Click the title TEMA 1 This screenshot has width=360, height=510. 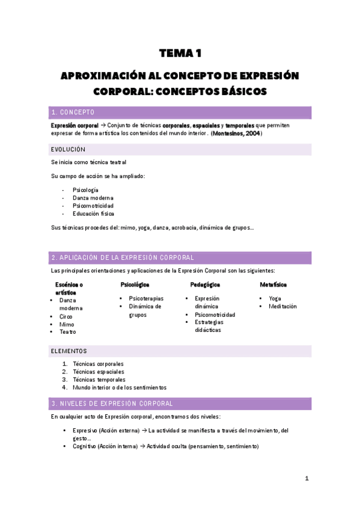click(x=180, y=54)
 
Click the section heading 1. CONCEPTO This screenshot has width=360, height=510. click(x=73, y=112)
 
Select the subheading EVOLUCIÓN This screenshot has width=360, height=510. click(x=69, y=149)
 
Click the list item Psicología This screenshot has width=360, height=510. click(x=85, y=189)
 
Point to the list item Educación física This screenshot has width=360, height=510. click(x=93, y=213)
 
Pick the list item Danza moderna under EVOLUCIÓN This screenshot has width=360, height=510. click(x=93, y=197)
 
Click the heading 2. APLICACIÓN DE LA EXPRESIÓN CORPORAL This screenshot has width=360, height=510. click(x=123, y=257)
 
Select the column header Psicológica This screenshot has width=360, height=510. click(x=135, y=284)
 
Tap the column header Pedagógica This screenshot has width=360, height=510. click(x=205, y=284)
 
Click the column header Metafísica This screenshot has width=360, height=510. click(x=273, y=284)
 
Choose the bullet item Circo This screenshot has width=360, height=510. click(x=66, y=316)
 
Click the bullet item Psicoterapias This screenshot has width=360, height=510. click(x=146, y=298)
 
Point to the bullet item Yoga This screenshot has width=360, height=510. click(x=275, y=298)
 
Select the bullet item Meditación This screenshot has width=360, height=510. click(x=282, y=306)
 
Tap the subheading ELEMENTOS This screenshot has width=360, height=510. click(x=69, y=351)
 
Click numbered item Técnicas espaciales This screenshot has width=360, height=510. click(x=99, y=372)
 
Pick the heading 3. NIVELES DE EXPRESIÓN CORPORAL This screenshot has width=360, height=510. click(x=112, y=404)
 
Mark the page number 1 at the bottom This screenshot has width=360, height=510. click(x=307, y=478)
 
